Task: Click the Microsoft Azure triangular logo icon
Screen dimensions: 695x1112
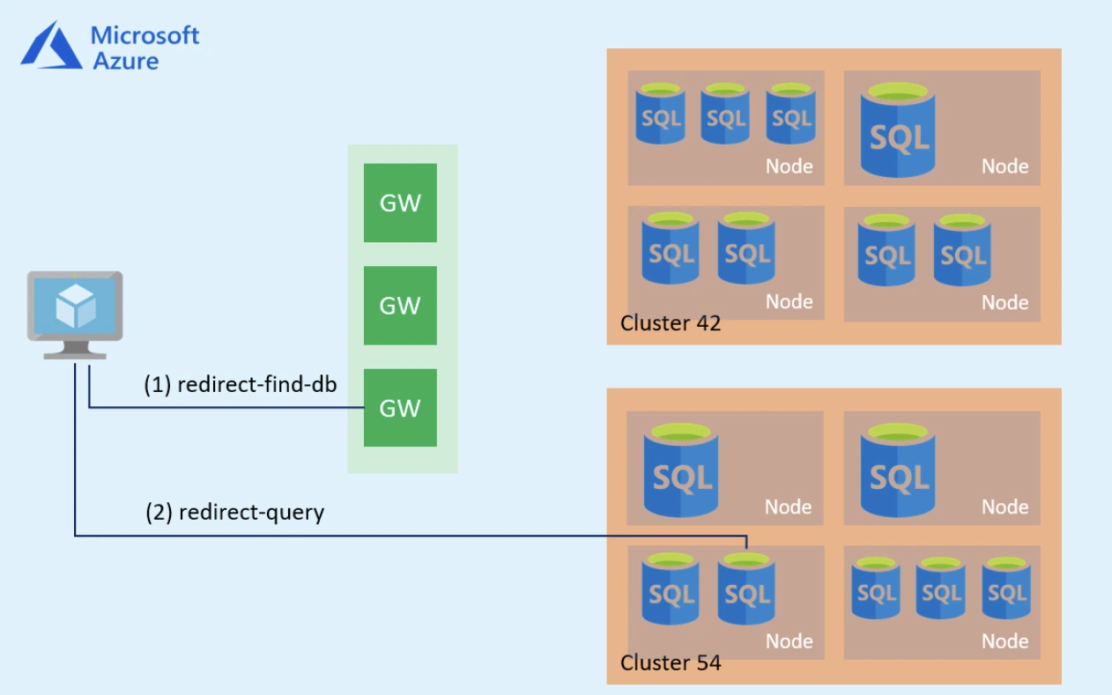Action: click(51, 45)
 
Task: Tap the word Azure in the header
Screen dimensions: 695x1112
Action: click(126, 61)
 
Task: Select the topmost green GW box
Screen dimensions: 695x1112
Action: click(400, 203)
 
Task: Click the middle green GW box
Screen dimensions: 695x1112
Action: click(400, 306)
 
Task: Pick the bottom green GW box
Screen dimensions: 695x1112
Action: click(400, 408)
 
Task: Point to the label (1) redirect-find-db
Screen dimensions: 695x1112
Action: click(241, 385)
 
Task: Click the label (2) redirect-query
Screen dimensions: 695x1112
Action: click(234, 512)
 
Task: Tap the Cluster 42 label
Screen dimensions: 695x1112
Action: click(671, 323)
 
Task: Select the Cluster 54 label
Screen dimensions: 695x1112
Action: click(671, 662)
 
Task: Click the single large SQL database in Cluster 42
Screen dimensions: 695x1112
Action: click(900, 130)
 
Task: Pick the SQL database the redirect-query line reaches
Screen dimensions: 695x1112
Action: click(746, 588)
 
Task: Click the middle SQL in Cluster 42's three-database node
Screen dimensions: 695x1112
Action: click(725, 114)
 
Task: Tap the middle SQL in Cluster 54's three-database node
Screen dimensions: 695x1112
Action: click(941, 588)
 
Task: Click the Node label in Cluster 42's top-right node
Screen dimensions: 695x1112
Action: click(1005, 166)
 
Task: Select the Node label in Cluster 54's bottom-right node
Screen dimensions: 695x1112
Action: click(1005, 641)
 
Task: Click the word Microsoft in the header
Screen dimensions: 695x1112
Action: click(145, 35)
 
